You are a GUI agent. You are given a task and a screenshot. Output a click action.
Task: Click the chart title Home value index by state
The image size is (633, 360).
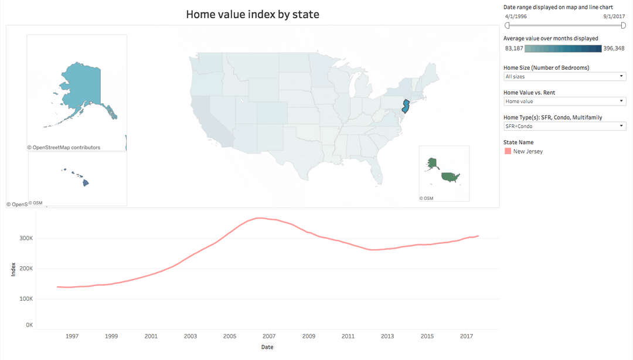[x=253, y=14]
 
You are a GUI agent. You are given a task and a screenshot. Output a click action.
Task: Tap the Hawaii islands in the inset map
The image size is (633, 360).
[x=84, y=182]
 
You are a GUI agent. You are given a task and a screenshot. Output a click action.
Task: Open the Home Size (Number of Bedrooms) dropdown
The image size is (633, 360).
[x=564, y=76]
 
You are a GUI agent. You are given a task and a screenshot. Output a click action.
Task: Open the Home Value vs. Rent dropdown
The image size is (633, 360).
[x=564, y=101]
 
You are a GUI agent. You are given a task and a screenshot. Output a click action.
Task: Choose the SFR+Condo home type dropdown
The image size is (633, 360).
[x=564, y=126]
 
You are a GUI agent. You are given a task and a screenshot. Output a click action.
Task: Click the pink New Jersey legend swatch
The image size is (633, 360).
[x=508, y=151]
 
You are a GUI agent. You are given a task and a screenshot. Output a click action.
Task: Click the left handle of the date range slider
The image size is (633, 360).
[x=508, y=25]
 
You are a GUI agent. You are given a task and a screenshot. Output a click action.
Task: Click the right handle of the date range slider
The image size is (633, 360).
[x=623, y=25]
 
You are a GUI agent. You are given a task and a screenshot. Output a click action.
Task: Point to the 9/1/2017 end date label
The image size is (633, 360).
[x=614, y=16]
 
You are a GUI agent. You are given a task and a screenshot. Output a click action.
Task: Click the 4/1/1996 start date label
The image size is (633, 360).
[x=516, y=16]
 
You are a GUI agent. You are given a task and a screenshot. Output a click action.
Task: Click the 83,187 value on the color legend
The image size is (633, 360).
[x=513, y=48]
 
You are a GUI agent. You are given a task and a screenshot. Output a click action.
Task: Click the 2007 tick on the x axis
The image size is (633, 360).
[x=269, y=337]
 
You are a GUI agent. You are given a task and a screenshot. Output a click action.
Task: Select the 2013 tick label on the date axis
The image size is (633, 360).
[x=387, y=337]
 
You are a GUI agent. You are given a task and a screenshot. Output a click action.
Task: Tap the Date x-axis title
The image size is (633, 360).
[x=267, y=347]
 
